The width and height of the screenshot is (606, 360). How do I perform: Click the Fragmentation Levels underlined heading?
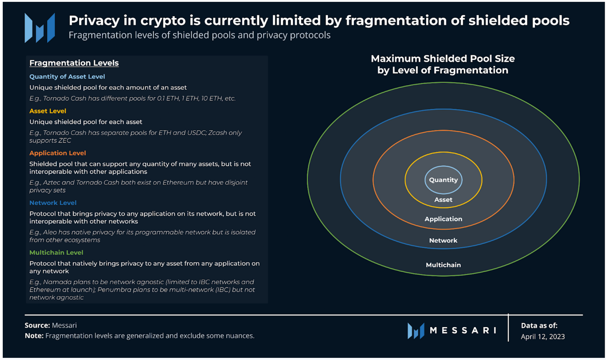point(74,63)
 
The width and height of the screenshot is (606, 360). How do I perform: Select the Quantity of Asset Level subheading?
point(67,77)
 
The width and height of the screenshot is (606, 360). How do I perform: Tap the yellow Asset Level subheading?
point(48,111)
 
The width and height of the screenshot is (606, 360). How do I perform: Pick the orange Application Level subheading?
point(58,153)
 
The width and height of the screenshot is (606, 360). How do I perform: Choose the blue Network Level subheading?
point(53,203)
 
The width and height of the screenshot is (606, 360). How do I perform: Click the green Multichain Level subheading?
point(56,252)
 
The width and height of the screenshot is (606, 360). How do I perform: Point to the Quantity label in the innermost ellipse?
point(443,180)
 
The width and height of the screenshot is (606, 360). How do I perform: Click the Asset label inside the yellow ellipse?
point(443,200)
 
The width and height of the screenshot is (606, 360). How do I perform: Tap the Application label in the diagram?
point(443,219)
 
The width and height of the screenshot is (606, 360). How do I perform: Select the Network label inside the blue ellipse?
point(443,240)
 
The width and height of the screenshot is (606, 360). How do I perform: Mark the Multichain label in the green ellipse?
point(443,265)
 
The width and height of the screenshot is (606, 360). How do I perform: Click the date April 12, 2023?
point(543,337)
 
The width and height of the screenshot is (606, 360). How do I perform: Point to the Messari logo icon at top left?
point(40,28)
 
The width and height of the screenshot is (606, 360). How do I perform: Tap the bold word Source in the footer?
point(37,325)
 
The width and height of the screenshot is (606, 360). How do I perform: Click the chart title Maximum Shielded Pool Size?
point(443,58)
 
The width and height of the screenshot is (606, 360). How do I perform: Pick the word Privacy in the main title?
point(94,21)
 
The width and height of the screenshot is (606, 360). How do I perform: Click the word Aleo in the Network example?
point(50,232)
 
